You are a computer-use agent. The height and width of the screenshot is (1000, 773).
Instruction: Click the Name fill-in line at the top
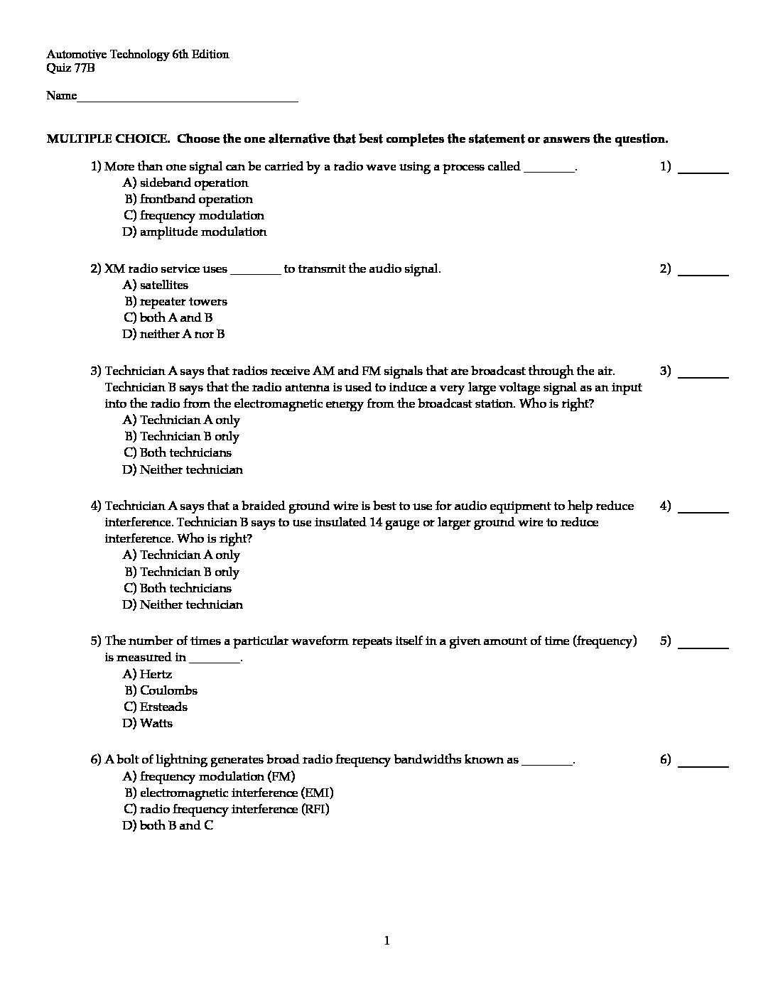[x=188, y=98]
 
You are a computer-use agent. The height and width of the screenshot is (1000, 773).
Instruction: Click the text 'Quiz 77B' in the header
[x=70, y=68]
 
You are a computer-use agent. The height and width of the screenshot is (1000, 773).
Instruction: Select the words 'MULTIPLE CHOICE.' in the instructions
[x=108, y=138]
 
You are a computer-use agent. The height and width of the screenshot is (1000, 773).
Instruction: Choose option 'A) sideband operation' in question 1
[x=185, y=183]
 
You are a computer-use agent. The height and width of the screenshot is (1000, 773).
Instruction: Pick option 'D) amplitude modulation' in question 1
[x=195, y=232]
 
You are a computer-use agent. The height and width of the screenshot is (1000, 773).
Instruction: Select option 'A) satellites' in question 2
[x=156, y=285]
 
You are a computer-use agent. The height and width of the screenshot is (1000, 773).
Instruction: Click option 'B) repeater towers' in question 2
[x=175, y=301]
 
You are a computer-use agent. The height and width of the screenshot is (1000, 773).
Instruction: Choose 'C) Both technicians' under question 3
[x=178, y=452]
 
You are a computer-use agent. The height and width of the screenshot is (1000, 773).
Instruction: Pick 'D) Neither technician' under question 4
[x=183, y=604]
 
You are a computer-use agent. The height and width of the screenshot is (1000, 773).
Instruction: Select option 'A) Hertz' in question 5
[x=147, y=674]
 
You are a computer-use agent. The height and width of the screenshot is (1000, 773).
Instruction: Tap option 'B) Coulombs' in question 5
[x=161, y=690]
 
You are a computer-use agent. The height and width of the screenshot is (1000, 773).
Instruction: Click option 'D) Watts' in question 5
[x=147, y=723]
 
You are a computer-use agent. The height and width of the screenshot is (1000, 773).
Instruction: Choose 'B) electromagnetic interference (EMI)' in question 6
[x=229, y=793]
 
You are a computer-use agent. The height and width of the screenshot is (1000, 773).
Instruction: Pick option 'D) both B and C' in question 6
[x=168, y=825]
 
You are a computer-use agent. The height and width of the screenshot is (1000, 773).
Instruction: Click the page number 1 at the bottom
[x=386, y=941]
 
